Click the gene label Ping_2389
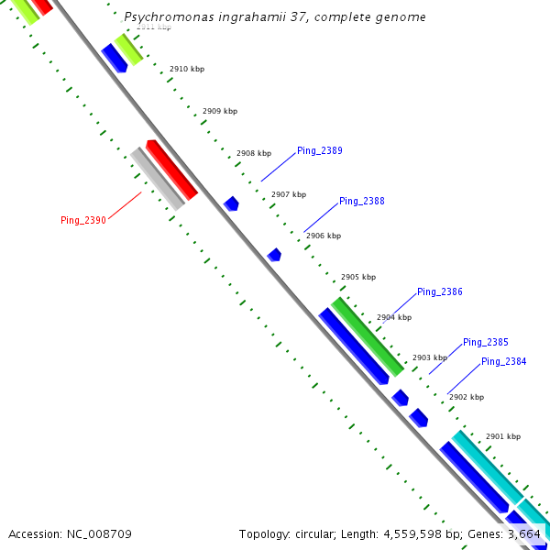[x=319, y=151]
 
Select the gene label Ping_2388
[x=361, y=201]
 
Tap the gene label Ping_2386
[x=439, y=292]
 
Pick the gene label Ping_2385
[x=485, y=342]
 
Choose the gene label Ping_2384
[x=503, y=361]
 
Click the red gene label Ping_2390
[x=83, y=220]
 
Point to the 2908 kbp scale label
[x=254, y=154]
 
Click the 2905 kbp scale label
[x=358, y=277]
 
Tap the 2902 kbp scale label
[x=466, y=398]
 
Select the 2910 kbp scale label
[x=187, y=70]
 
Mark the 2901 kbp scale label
[x=502, y=437]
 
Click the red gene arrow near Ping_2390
[x=172, y=169]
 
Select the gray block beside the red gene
[x=157, y=179]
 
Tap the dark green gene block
[x=367, y=335]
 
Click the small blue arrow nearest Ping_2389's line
[x=231, y=203]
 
